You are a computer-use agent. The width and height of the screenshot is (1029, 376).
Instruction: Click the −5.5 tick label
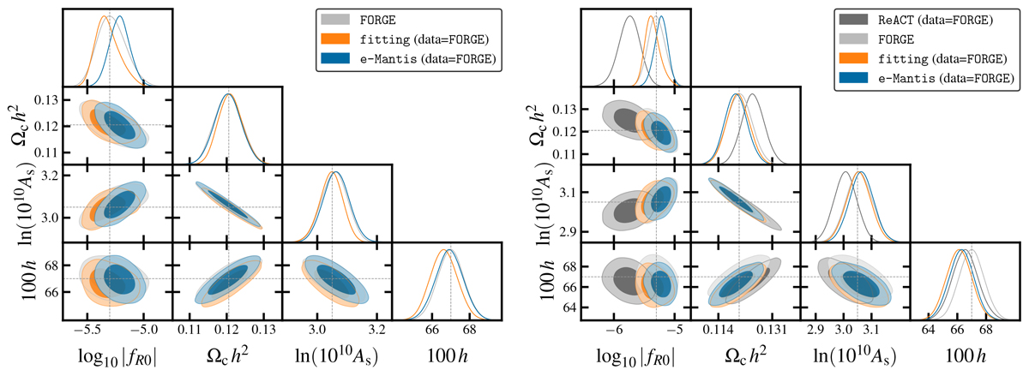87,328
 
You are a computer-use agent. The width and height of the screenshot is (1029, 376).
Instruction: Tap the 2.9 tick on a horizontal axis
815,328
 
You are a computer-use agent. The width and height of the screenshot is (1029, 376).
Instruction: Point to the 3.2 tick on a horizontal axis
376,328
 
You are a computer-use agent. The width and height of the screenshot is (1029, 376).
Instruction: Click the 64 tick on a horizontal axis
929,328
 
